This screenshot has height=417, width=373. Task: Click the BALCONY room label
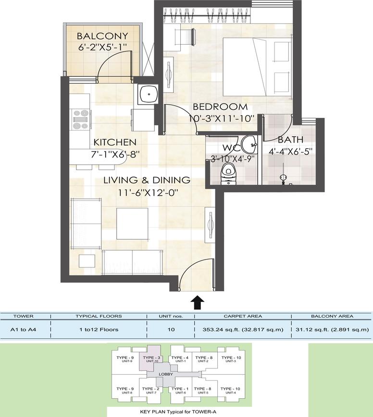[102, 36]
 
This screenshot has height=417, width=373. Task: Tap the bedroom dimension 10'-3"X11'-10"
[222, 119]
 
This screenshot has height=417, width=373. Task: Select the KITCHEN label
[115, 142]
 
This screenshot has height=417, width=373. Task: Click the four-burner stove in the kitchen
[81, 119]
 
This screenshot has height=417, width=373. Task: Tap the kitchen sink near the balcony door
[148, 94]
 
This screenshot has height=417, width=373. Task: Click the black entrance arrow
[198, 302]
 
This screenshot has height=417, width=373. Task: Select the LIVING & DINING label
[147, 180]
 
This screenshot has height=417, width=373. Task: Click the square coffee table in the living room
[132, 224]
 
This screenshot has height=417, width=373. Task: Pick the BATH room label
[290, 140]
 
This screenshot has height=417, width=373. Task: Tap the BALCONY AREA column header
[332, 316]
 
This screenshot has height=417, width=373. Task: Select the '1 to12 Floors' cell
[99, 330]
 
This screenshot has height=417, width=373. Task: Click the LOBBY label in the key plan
[166, 374]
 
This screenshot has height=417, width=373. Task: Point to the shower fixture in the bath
[283, 178]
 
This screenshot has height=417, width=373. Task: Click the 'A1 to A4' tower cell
[23, 330]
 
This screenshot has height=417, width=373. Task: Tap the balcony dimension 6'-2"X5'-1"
[102, 47]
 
